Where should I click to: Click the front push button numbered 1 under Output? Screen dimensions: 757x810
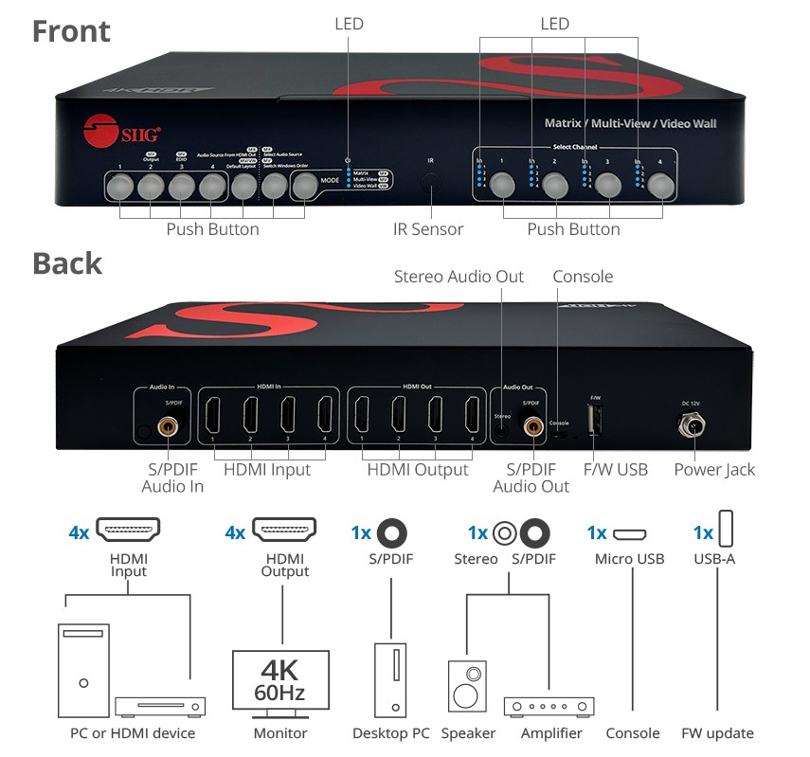[x=120, y=187]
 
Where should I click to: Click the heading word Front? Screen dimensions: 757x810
[x=71, y=31]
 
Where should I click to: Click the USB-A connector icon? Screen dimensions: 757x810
[x=727, y=530]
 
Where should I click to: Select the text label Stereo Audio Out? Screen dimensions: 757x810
[x=459, y=277]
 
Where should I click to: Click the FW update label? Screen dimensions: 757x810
[x=717, y=733]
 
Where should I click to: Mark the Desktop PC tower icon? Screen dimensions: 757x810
[x=390, y=680]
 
